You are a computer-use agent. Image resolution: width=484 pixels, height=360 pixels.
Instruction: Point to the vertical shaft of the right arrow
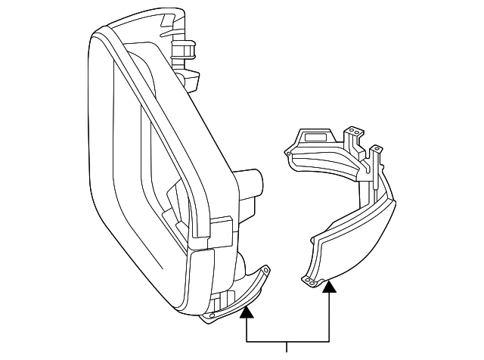329,318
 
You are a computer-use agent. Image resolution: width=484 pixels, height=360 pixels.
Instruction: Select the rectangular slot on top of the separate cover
316,138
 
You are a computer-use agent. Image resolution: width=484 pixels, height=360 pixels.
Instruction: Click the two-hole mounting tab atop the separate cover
352,134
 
